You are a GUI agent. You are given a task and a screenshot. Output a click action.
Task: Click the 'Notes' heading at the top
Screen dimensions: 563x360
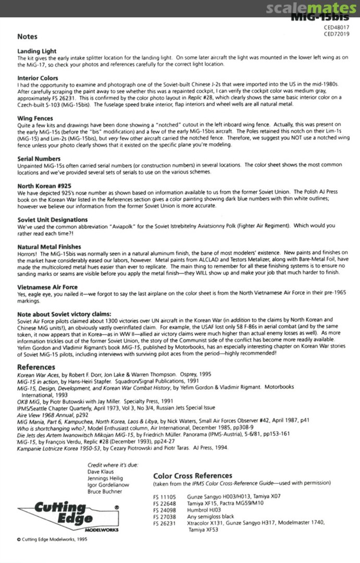click(28, 37)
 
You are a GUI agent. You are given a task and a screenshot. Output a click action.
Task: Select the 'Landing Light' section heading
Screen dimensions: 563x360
click(37, 52)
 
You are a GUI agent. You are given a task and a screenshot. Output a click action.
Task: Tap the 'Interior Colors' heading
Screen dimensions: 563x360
click(38, 78)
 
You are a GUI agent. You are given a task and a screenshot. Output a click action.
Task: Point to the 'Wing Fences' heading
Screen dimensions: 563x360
click(35, 118)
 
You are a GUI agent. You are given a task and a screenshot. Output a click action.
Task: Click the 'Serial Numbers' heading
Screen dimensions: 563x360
click(39, 158)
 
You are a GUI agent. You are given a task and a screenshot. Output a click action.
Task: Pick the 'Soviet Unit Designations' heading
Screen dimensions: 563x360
click(53, 219)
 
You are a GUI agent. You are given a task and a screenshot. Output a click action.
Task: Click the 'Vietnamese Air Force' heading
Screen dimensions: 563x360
click(48, 287)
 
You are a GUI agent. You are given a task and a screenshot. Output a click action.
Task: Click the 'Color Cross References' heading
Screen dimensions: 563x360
click(193, 475)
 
